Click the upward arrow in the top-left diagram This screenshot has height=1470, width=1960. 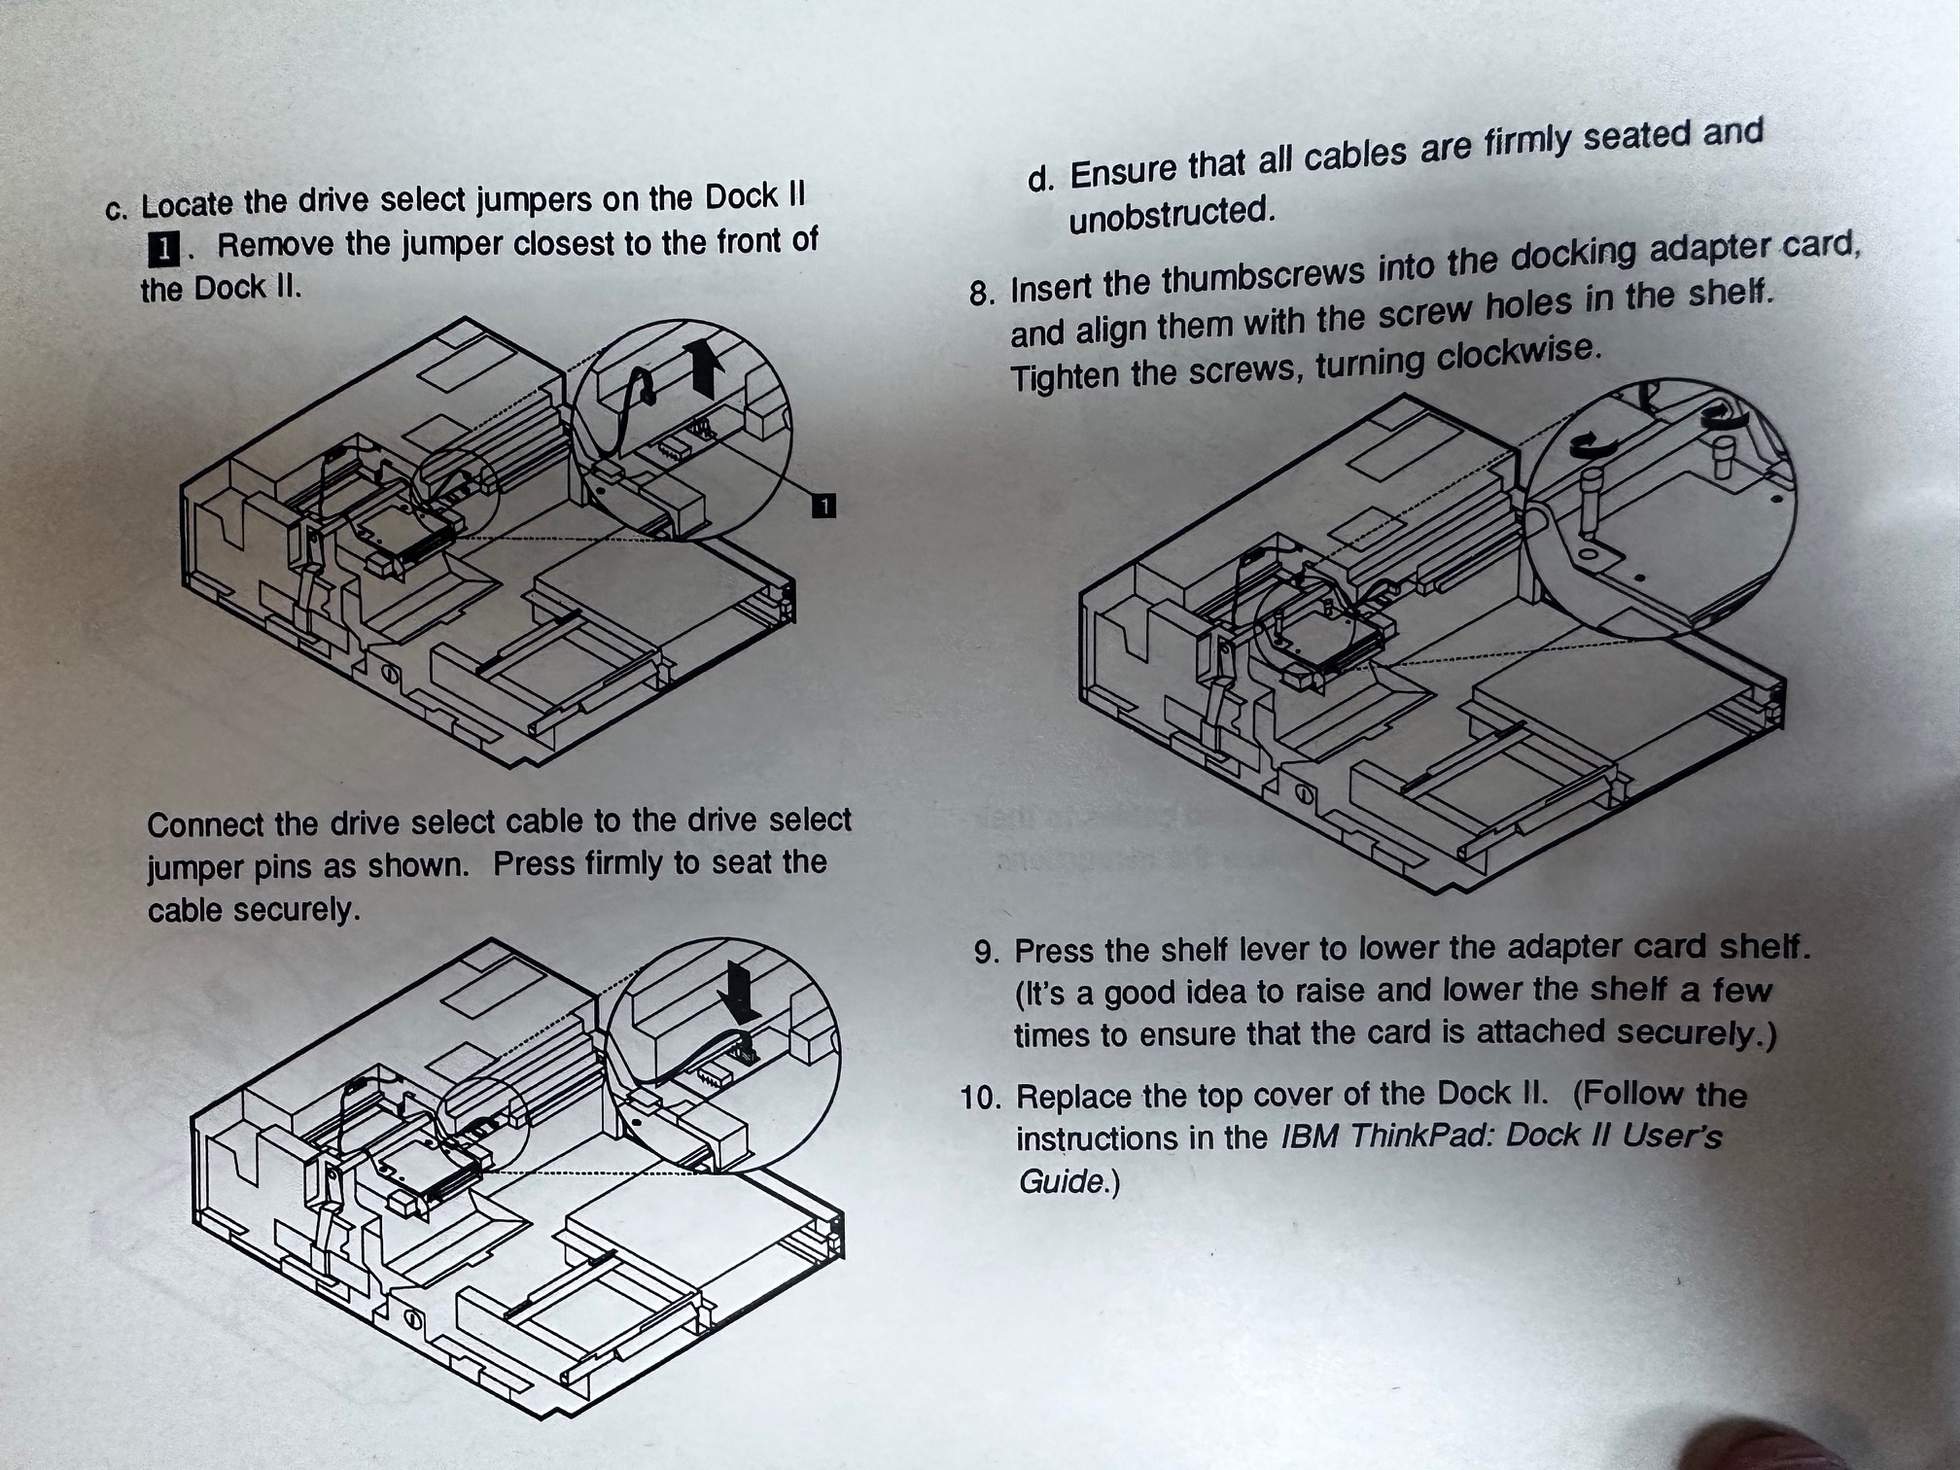click(704, 367)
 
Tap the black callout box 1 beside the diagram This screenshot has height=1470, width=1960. click(823, 506)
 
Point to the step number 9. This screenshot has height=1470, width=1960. click(986, 952)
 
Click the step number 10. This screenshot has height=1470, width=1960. click(980, 1099)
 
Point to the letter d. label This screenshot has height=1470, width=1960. click(1039, 180)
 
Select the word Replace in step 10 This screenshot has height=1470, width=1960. click(1075, 1097)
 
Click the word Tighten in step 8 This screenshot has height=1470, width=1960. click(1065, 377)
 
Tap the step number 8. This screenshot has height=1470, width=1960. click(981, 293)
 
